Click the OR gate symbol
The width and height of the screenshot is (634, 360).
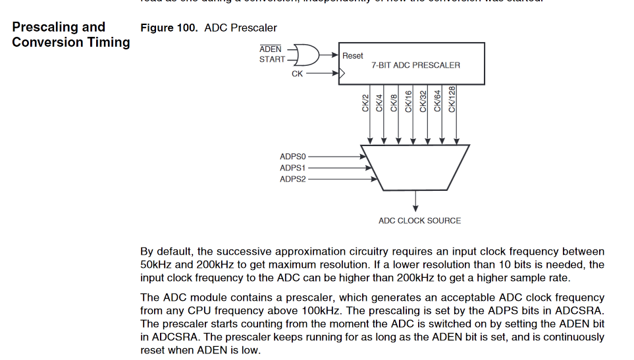tap(305, 55)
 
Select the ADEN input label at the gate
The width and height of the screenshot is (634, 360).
tap(270, 49)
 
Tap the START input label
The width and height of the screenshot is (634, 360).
tap(272, 59)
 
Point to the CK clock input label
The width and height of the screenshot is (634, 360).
tap(298, 74)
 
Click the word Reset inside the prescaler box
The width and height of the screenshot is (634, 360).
tap(353, 56)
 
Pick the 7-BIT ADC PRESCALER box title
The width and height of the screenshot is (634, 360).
tap(415, 65)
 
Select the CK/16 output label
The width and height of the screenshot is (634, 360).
tap(408, 101)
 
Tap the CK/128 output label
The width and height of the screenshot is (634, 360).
tap(452, 99)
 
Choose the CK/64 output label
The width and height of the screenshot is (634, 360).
tap(437, 101)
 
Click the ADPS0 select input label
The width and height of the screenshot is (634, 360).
tap(293, 157)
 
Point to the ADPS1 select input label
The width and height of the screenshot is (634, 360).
tap(293, 168)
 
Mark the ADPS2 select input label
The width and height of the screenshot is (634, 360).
tap(293, 179)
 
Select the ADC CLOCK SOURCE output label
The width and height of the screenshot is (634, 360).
tap(419, 220)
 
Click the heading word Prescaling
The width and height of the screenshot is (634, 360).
tap(38, 27)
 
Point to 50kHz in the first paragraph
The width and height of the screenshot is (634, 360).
tap(156, 264)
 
